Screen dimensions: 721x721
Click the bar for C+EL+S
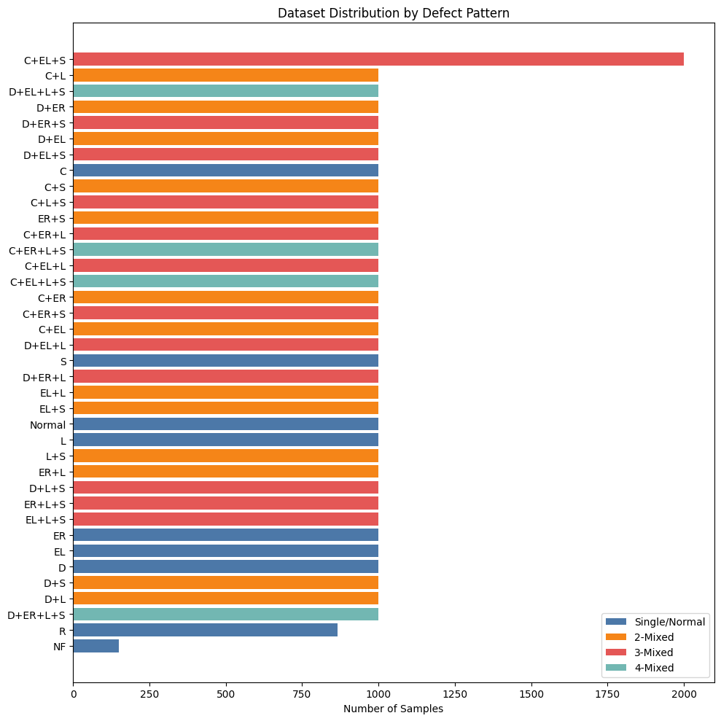pos(378,59)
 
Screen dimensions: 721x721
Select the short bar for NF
pos(96,646)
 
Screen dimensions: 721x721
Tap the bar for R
pos(205,630)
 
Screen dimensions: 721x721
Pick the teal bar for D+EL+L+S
pos(225,91)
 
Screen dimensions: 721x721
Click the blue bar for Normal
pos(225,424)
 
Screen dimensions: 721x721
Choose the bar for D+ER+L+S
pos(225,615)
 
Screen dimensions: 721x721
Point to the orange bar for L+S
pos(225,456)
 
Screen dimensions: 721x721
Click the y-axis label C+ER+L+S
pos(37,250)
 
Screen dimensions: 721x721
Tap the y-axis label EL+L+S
pos(45,520)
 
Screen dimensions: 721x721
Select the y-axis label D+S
pos(55,582)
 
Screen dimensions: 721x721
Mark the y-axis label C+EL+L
pos(45,266)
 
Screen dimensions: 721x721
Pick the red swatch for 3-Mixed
pos(616,652)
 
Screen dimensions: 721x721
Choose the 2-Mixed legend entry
pos(654,637)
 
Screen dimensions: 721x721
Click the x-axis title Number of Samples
pos(393,709)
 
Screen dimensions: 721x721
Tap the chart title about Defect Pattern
pos(393,12)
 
